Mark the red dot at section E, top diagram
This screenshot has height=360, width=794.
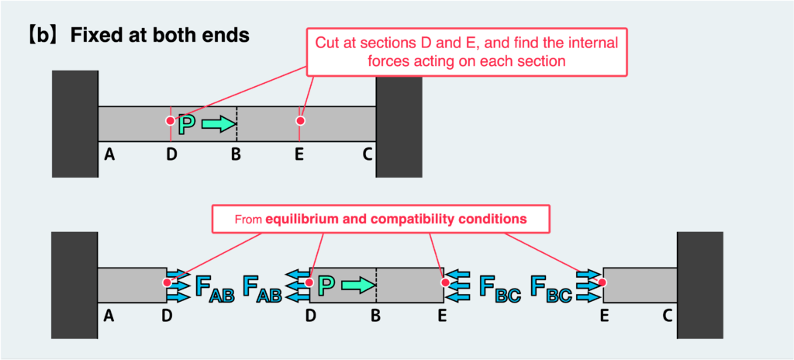[x=300, y=120]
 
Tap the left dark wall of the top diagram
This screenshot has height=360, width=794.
[x=74, y=123]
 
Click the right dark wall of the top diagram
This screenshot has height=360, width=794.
[x=399, y=123]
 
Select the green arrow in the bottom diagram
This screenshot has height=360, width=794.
[x=357, y=286]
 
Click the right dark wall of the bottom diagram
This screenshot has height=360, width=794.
[x=700, y=285]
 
